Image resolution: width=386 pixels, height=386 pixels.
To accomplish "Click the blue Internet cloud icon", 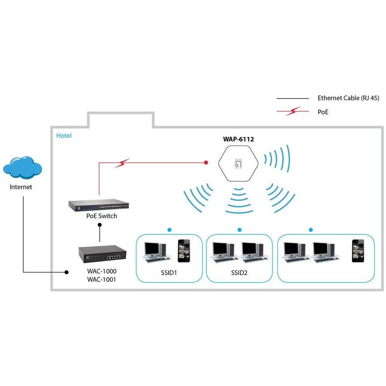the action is pyautogui.click(x=22, y=167).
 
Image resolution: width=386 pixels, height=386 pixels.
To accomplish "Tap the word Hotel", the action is pyautogui.click(x=64, y=136).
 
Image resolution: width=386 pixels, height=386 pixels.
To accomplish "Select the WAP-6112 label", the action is pyautogui.click(x=238, y=139).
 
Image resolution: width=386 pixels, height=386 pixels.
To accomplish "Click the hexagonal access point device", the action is pyautogui.click(x=238, y=163).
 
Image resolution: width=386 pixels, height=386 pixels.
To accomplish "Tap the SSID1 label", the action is pyautogui.click(x=169, y=273).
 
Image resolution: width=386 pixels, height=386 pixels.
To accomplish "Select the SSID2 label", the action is pyautogui.click(x=239, y=273).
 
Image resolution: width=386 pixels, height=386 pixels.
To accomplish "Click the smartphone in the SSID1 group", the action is pyautogui.click(x=184, y=251).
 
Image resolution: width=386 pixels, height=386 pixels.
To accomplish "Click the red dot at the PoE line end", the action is pyautogui.click(x=206, y=163).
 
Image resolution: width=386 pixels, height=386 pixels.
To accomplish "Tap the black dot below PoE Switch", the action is pyautogui.click(x=100, y=225).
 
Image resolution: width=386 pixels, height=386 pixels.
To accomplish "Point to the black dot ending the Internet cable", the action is pyautogui.click(x=66, y=272).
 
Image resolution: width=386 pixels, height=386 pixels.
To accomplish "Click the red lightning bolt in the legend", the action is pyautogui.click(x=293, y=111).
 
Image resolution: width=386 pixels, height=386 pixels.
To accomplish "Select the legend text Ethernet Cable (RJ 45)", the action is pyautogui.click(x=348, y=98).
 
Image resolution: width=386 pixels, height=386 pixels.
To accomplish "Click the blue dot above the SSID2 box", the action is pyautogui.click(x=240, y=229).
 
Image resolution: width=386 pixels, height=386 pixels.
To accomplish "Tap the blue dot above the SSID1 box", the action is pyautogui.click(x=169, y=229).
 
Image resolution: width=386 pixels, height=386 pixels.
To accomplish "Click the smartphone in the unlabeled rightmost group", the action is pyautogui.click(x=358, y=251).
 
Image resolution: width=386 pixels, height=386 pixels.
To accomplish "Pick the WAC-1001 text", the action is pyautogui.click(x=101, y=280).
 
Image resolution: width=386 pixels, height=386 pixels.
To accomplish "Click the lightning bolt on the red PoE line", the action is pyautogui.click(x=122, y=163).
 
